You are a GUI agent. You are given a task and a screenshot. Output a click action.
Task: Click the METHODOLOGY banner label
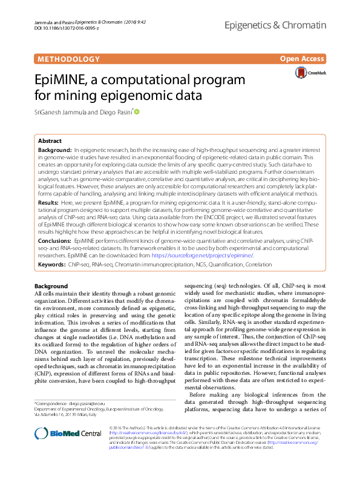pyautogui.click(x=68, y=59)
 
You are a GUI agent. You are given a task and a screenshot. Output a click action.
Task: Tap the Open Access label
pyautogui.click(x=302, y=59)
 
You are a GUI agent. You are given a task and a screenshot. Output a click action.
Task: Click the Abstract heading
pyautogui.click(x=50, y=140)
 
